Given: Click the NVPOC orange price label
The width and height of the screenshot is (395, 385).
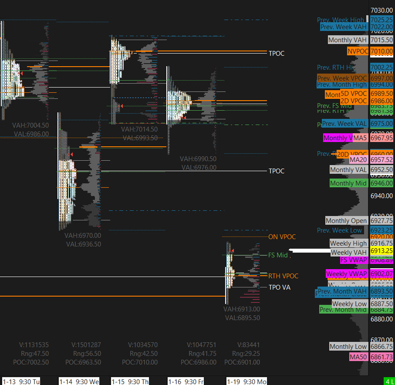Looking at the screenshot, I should (358, 51).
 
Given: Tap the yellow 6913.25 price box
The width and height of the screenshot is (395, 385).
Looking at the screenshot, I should (381, 251).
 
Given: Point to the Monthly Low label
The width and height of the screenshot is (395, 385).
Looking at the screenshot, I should (348, 347).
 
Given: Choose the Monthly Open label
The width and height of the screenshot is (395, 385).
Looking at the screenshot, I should (346, 221).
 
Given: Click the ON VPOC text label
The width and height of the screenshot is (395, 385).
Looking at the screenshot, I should (282, 237).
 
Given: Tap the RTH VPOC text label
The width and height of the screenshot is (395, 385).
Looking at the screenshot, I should (283, 276).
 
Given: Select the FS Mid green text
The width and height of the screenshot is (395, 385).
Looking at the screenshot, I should (278, 255).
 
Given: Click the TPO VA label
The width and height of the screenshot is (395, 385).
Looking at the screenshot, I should (279, 287).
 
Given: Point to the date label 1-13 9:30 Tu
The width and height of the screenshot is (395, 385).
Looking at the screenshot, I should (21, 382).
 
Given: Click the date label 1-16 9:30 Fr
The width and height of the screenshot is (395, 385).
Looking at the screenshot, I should (186, 382).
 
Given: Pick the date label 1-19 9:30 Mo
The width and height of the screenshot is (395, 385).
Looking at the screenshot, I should (246, 382).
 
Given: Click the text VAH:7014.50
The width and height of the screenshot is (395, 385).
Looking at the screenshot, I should (139, 129).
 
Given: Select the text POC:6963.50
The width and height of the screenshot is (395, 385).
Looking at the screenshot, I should (83, 362).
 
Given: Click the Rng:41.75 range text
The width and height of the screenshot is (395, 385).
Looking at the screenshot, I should (198, 353).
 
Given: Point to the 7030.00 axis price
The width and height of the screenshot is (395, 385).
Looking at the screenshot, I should (381, 10).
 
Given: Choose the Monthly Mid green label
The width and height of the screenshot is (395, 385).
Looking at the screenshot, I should (348, 183).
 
